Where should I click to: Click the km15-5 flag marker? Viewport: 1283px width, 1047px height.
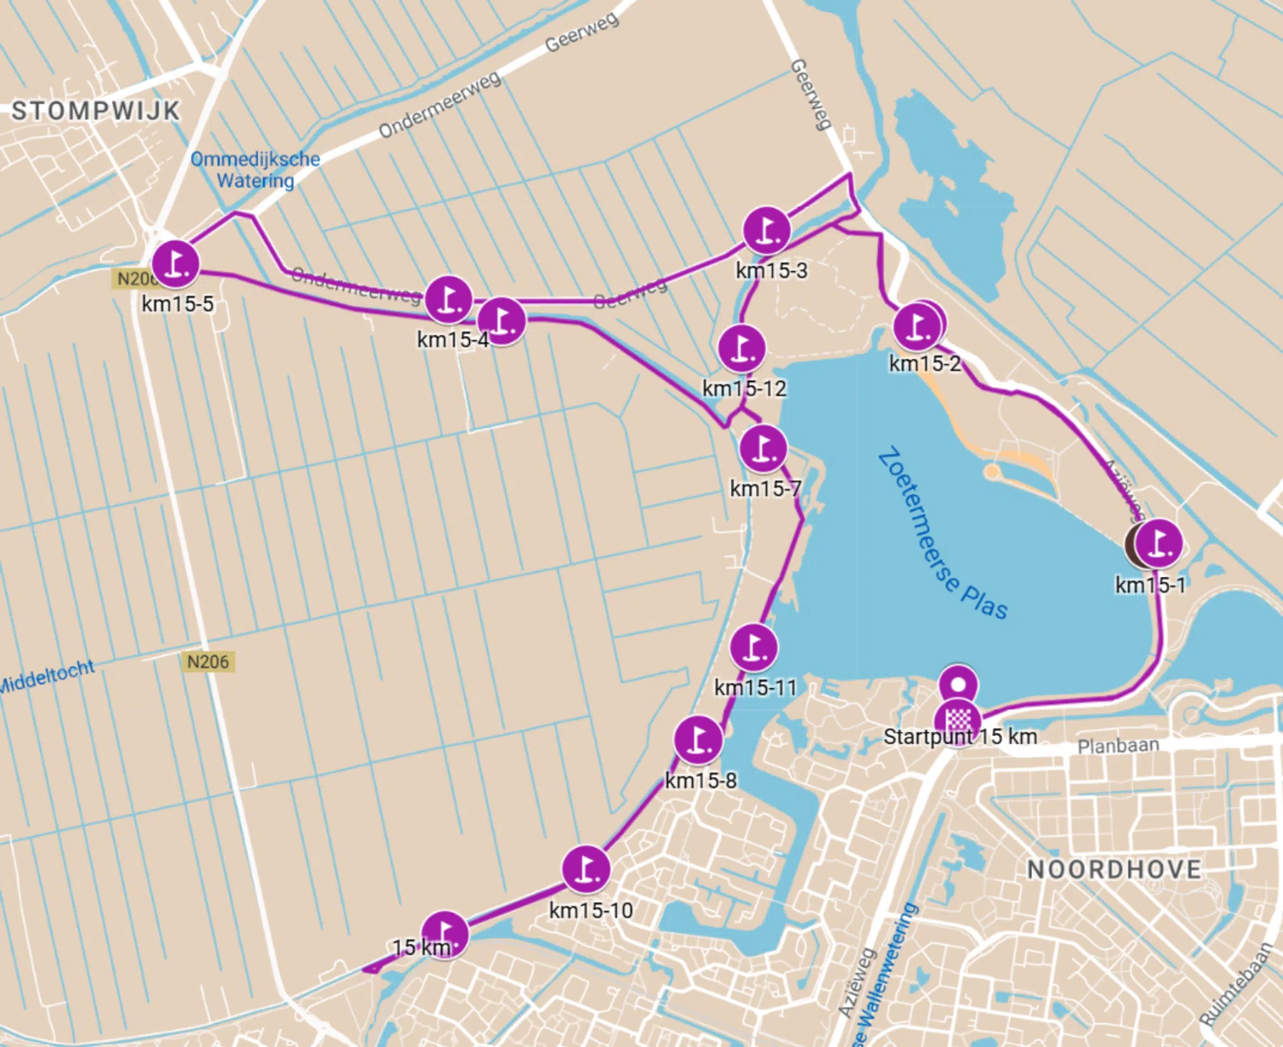tap(175, 262)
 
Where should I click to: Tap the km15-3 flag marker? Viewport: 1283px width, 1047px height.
tap(767, 230)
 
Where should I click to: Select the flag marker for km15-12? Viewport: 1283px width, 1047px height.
tap(742, 348)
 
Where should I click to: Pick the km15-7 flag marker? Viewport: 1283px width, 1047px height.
tap(763, 449)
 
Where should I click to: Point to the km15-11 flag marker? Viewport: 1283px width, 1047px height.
tap(754, 647)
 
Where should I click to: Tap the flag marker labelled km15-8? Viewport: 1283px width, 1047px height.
tap(698, 739)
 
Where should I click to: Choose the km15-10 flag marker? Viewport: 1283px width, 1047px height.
tap(586, 869)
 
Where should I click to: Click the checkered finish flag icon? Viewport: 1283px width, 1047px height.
tap(959, 719)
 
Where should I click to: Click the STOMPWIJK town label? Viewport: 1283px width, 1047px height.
tap(96, 111)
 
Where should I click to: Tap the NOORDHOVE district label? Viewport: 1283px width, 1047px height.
tap(1114, 869)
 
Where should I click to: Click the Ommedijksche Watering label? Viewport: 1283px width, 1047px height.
tap(255, 169)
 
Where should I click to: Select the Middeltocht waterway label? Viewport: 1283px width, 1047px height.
tap(47, 676)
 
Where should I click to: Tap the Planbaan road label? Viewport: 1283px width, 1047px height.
tap(1118, 745)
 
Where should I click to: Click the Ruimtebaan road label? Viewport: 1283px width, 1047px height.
tap(1236, 984)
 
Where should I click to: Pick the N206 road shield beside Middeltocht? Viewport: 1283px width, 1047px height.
tap(208, 662)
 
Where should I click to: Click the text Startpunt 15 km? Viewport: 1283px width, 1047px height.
tap(960, 737)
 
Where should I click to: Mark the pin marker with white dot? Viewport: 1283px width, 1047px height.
tap(958, 684)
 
